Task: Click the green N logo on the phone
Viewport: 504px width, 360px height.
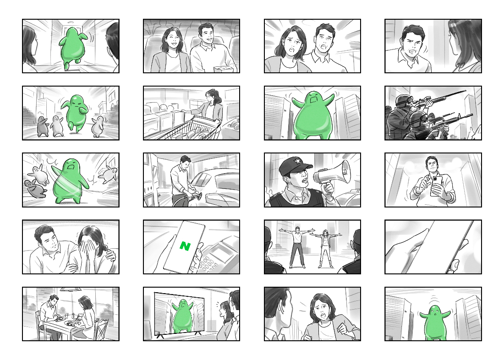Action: (185, 246)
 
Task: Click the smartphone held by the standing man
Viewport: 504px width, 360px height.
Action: (436, 186)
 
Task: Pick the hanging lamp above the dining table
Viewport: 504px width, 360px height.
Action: (71, 289)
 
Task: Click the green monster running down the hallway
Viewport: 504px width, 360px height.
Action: (73, 47)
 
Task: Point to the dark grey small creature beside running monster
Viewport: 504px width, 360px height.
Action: (42, 126)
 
